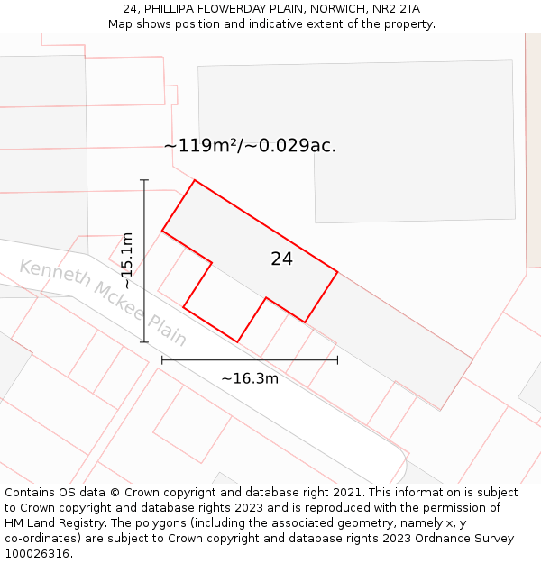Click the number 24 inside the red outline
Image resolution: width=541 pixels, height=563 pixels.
pos(281,259)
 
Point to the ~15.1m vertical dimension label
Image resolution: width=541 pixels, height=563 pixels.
pos(127,260)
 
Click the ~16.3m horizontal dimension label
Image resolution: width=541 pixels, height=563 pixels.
pos(250,378)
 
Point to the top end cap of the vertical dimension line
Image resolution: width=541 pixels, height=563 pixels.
pos(144,180)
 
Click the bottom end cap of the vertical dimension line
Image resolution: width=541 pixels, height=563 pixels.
pos(144,342)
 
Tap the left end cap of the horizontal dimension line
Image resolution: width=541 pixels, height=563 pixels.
pos(162,359)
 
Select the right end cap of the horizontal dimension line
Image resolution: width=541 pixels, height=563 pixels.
pos(337,359)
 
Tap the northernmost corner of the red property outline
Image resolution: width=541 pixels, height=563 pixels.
pos(195,180)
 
